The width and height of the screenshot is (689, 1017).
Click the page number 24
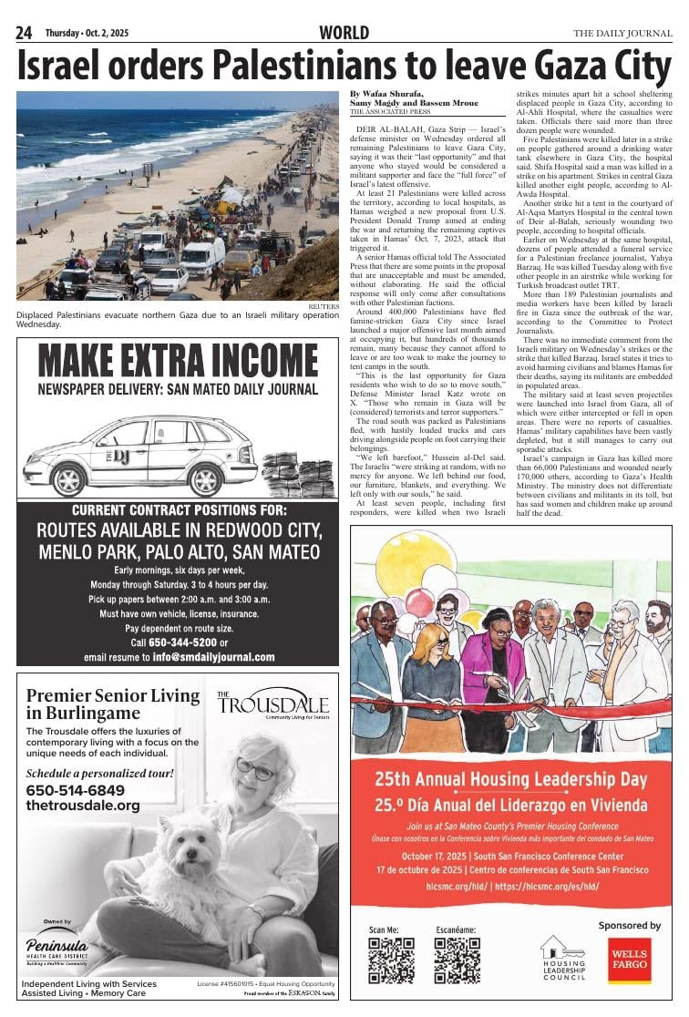point(25,33)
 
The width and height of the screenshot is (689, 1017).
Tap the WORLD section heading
point(344,33)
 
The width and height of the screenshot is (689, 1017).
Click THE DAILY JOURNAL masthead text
point(622,34)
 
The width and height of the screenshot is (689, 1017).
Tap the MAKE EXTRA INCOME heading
point(178,362)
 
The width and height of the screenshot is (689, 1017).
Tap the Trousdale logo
point(273,704)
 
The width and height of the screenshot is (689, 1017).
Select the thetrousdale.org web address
point(83,806)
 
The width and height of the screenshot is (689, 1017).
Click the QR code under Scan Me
point(391,960)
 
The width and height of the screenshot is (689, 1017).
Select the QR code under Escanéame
point(457,960)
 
